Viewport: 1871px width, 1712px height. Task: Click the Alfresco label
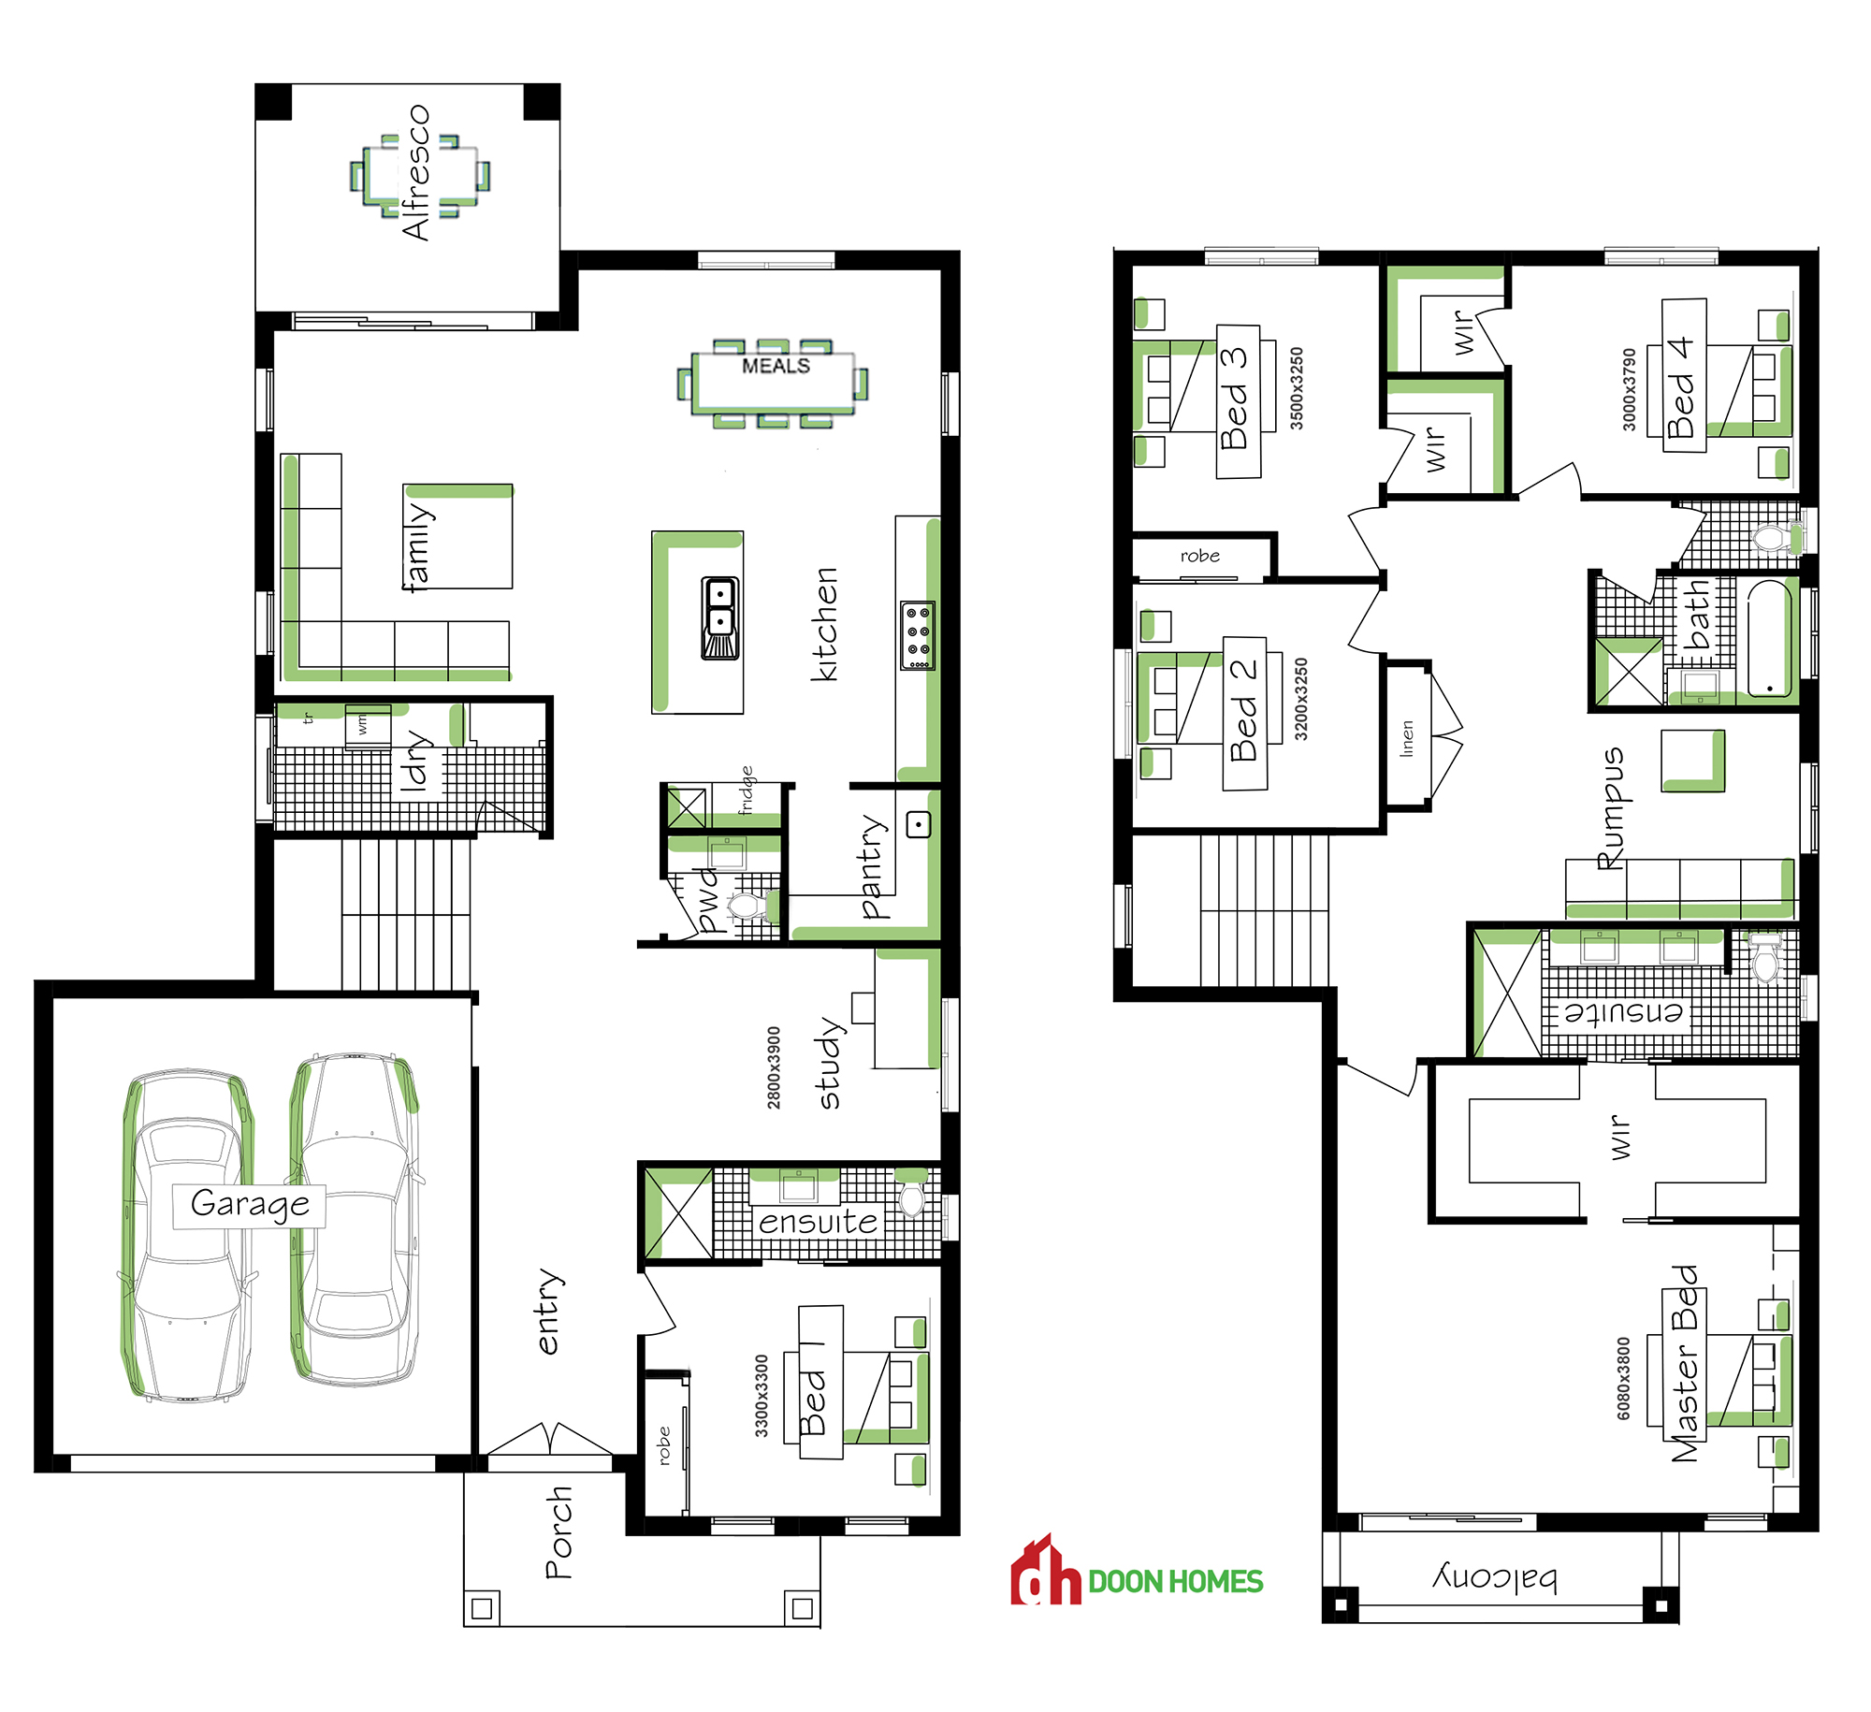[x=415, y=172]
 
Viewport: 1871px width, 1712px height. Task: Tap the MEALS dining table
[x=773, y=382]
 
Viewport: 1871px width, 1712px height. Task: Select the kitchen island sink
[x=719, y=617]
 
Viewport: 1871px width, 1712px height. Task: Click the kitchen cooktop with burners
[x=918, y=635]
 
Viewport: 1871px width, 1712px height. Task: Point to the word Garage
[x=250, y=1204]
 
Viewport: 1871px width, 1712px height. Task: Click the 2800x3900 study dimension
[x=774, y=1067]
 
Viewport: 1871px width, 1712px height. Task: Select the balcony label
[x=1495, y=1579]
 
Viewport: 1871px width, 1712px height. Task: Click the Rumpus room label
[x=1611, y=809]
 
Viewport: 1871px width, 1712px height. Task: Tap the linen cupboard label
[x=1407, y=738]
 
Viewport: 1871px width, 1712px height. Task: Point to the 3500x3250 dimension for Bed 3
[x=1297, y=388]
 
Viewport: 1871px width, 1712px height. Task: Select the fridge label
[x=746, y=791]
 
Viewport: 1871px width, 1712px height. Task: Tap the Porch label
[x=558, y=1531]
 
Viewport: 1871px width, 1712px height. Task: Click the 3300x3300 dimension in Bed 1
[x=761, y=1396]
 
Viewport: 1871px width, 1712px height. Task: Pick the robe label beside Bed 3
[x=1200, y=556]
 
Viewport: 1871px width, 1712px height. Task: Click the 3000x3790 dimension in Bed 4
[x=1629, y=389]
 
